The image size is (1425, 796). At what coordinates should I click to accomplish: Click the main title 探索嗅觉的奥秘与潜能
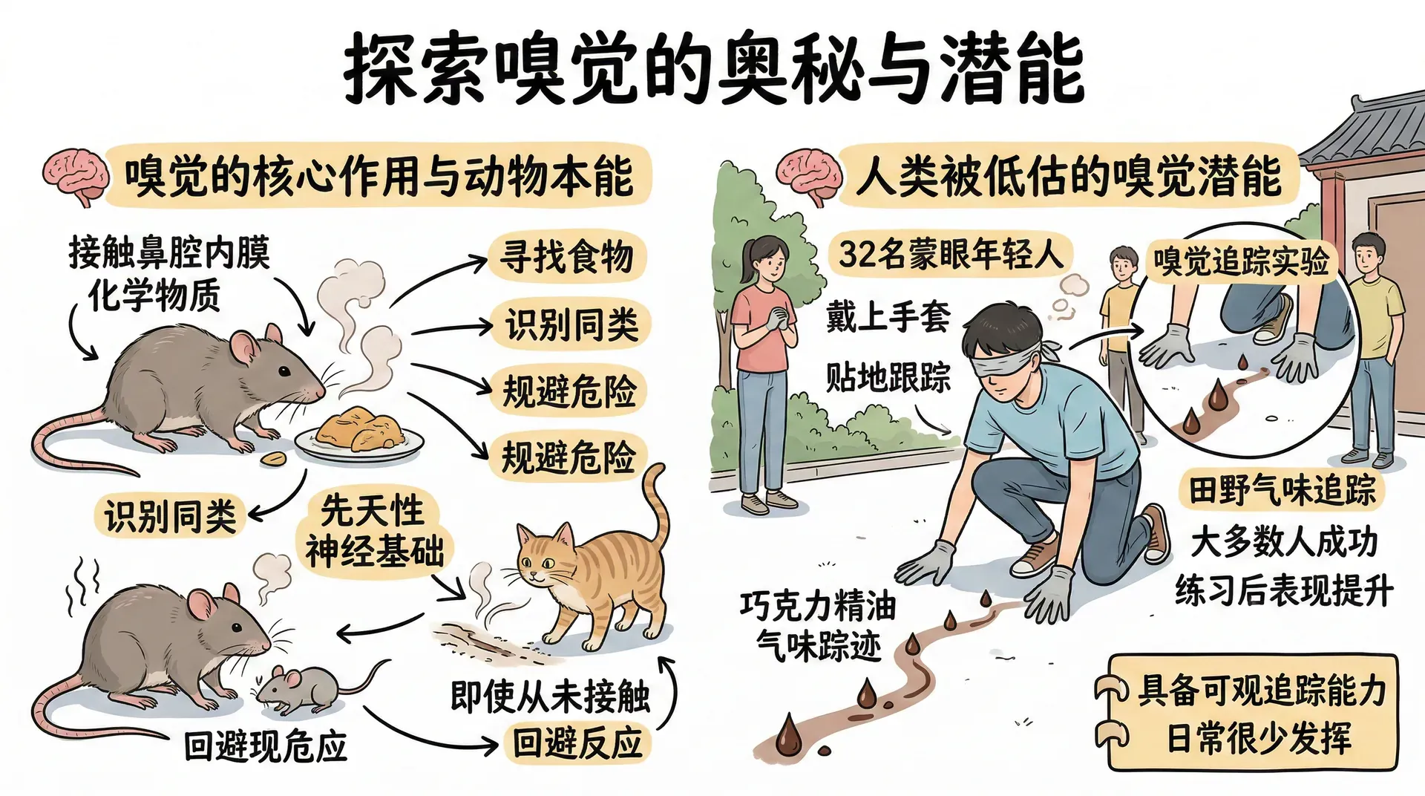[x=713, y=69]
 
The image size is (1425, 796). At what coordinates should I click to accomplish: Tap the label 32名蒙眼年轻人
[x=950, y=253]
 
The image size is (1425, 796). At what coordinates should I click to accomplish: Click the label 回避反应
[x=577, y=742]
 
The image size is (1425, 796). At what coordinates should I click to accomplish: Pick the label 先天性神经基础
[x=373, y=530]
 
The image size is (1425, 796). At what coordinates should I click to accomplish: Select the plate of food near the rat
[x=359, y=435]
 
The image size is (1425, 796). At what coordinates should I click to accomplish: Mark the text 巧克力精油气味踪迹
[x=819, y=626]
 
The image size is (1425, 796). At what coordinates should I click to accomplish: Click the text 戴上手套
[x=888, y=316]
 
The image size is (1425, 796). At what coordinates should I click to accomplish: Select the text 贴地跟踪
[x=888, y=376]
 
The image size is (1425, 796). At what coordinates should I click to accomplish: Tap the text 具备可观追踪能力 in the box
[x=1262, y=690]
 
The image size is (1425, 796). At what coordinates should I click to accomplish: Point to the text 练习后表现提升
[x=1285, y=591]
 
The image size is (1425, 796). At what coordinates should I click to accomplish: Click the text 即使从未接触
[x=550, y=696]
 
